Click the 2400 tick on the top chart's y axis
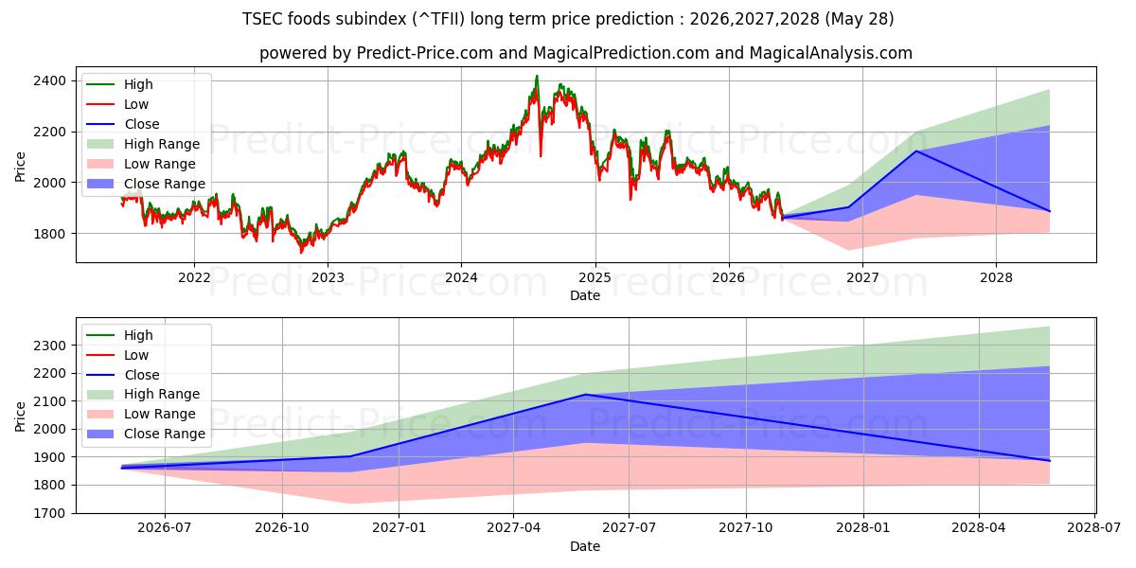click(49, 81)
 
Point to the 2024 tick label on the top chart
click(461, 278)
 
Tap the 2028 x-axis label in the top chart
click(996, 278)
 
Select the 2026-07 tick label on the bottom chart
click(165, 528)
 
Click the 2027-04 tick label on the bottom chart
click(513, 528)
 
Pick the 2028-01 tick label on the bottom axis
click(862, 528)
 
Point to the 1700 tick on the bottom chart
click(49, 513)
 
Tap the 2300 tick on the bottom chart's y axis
click(49, 346)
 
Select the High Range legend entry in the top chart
click(143, 144)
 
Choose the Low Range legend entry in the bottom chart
click(141, 414)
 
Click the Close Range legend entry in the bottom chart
click(146, 434)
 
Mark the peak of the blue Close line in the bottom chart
click(586, 394)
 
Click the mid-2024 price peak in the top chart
click(537, 76)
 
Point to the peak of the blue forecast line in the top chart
click(916, 151)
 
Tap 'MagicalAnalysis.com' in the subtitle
click(831, 53)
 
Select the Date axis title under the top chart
click(585, 295)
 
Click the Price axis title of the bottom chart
click(20, 417)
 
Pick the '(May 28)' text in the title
click(860, 19)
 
